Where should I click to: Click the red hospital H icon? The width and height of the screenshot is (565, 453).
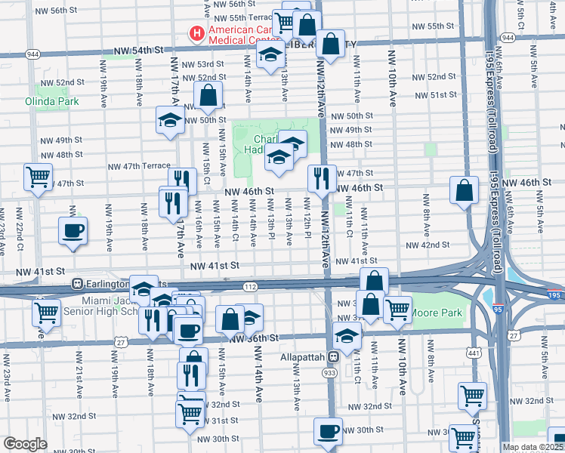tap(196, 34)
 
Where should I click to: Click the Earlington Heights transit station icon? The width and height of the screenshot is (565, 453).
tap(77, 284)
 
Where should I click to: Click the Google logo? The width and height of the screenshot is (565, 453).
tap(25, 444)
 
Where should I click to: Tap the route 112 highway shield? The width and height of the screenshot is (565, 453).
tap(251, 287)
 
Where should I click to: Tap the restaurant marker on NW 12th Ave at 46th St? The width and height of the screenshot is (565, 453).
tap(322, 179)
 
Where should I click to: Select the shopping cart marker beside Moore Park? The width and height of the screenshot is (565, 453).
tap(397, 308)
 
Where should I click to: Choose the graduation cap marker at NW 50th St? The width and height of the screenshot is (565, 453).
tap(170, 119)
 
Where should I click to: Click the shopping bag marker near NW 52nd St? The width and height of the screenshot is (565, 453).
tap(208, 95)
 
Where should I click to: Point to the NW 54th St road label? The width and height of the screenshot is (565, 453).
tap(138, 51)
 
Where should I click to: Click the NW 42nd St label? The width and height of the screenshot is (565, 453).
tap(428, 245)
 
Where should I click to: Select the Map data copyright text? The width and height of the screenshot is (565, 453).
tap(533, 447)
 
